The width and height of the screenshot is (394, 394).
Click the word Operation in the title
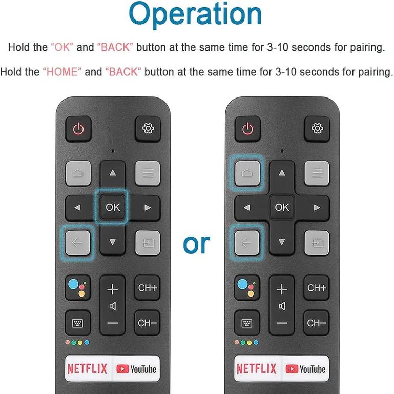pos(195,14)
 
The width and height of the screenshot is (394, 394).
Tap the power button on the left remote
pos(78,129)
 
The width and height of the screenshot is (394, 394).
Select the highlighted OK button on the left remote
pos(112,207)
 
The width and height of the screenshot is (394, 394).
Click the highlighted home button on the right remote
pos(247,173)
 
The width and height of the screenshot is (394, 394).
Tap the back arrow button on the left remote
pos(77,243)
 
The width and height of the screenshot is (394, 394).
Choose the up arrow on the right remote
pos(282,173)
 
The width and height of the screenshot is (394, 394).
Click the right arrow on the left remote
pos(148,208)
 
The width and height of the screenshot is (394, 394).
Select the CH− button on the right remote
pos(316,323)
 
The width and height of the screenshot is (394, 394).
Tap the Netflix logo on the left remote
pos(87,369)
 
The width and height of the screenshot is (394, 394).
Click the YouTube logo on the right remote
pos(305,369)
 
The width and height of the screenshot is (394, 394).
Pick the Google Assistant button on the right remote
pos(247,288)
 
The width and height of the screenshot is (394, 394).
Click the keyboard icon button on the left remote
pos(78,323)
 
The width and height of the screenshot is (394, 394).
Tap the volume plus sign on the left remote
pos(113,289)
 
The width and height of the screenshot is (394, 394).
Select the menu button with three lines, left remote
pos(148,173)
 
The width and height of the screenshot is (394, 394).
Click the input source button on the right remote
pos(317,243)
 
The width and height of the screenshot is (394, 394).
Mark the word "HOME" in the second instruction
pos(62,72)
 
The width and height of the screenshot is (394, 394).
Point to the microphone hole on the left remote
pos(113,151)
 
